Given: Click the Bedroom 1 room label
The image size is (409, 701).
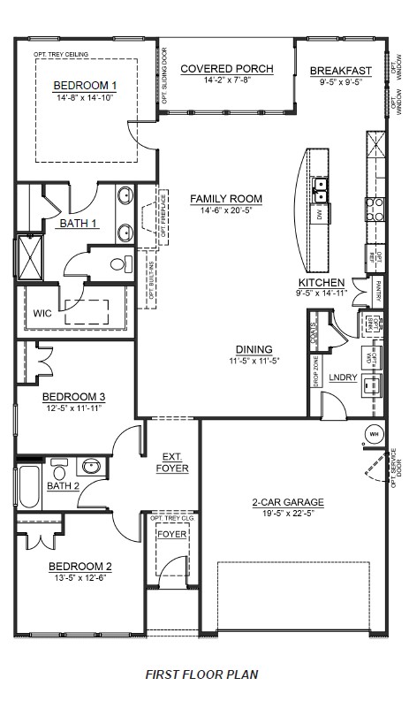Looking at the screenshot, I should (x=85, y=85).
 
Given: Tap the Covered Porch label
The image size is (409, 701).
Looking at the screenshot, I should (x=227, y=69).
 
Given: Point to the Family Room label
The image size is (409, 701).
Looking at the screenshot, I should (x=226, y=199).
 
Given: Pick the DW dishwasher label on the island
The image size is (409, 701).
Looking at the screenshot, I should (x=319, y=214).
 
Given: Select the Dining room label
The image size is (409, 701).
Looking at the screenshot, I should (x=254, y=349).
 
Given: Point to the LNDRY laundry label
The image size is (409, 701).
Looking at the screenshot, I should (x=342, y=377).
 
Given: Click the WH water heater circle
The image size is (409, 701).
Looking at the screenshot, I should (x=375, y=433).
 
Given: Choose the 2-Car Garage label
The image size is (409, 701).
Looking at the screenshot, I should (x=288, y=502).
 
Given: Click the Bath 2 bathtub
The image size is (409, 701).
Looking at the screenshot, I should (x=28, y=488).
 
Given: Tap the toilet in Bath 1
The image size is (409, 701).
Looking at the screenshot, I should (x=118, y=263).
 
